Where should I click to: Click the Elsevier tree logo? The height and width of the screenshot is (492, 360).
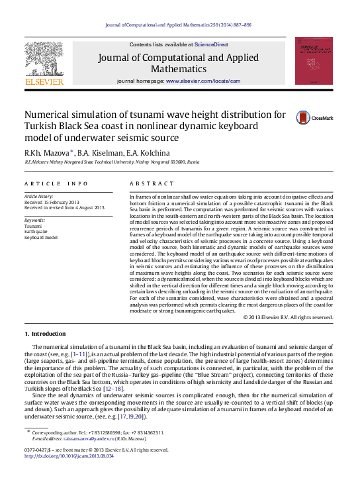[44, 58]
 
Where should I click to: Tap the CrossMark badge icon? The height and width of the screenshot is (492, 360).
[285, 117]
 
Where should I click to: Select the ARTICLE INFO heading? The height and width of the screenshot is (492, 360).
[56, 183]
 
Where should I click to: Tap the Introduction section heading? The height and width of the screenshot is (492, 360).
[48, 334]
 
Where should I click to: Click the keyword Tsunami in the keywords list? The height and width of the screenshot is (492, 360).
[33, 226]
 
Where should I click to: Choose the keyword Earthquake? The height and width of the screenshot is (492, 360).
[36, 231]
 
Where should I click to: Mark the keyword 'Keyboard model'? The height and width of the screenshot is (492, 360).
[41, 237]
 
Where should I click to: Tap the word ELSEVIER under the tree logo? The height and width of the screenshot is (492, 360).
[44, 82]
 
